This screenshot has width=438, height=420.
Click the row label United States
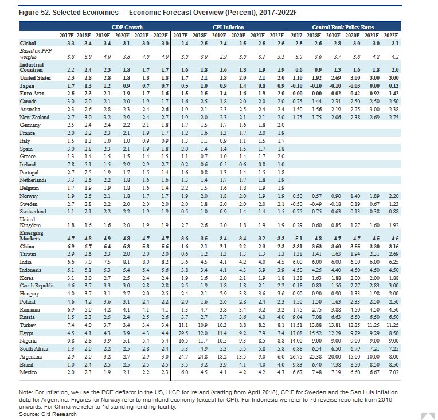coord(36,77)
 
